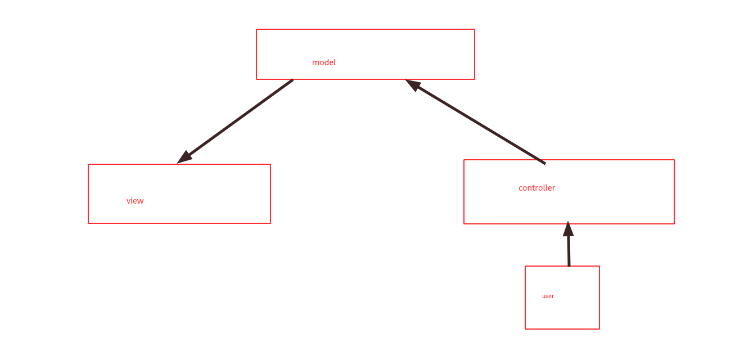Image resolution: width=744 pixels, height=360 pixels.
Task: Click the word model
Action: click(324, 62)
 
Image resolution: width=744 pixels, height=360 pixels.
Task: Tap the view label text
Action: click(135, 201)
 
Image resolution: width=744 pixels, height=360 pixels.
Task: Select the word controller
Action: click(536, 188)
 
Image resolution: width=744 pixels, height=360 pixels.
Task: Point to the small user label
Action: click(548, 296)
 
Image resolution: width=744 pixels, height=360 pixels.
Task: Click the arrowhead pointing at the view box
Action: click(184, 158)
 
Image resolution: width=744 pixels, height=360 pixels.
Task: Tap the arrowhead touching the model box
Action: click(412, 84)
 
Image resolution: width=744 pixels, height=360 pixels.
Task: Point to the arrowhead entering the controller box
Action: click(568, 228)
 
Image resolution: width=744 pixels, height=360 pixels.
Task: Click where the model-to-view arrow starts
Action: click(292, 80)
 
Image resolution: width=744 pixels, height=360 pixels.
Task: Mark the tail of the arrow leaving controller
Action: click(544, 163)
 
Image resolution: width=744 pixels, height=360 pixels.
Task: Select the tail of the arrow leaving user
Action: click(569, 265)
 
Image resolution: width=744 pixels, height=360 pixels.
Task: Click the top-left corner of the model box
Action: click(256, 29)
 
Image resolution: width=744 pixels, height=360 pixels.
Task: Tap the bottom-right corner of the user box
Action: click(599, 329)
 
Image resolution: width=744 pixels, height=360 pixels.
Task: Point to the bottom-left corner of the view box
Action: click(88, 223)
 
